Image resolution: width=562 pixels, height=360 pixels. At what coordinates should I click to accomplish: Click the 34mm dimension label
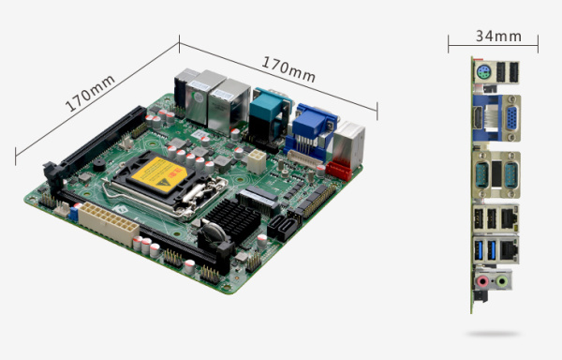[x=498, y=37]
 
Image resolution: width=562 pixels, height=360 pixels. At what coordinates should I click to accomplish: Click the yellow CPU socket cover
[x=159, y=175]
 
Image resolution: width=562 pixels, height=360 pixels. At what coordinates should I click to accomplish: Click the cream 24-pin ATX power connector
[x=108, y=223]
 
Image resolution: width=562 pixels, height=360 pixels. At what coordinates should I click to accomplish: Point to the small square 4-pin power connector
[x=257, y=161]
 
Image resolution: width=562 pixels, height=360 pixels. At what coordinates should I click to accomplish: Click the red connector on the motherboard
[x=339, y=171]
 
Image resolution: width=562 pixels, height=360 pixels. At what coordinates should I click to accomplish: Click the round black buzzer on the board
[x=99, y=165]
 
